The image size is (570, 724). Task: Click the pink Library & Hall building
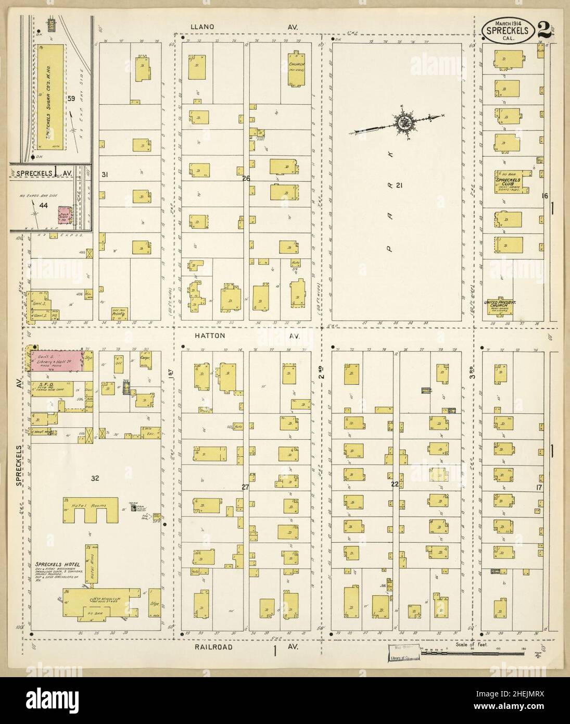tap(57, 361)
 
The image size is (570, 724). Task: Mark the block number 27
tap(246, 487)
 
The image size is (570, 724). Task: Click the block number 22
tap(395, 484)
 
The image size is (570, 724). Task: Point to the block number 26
tap(246, 179)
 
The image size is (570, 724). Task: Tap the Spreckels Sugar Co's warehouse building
tap(50, 96)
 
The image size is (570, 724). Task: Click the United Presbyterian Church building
tap(499, 307)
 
